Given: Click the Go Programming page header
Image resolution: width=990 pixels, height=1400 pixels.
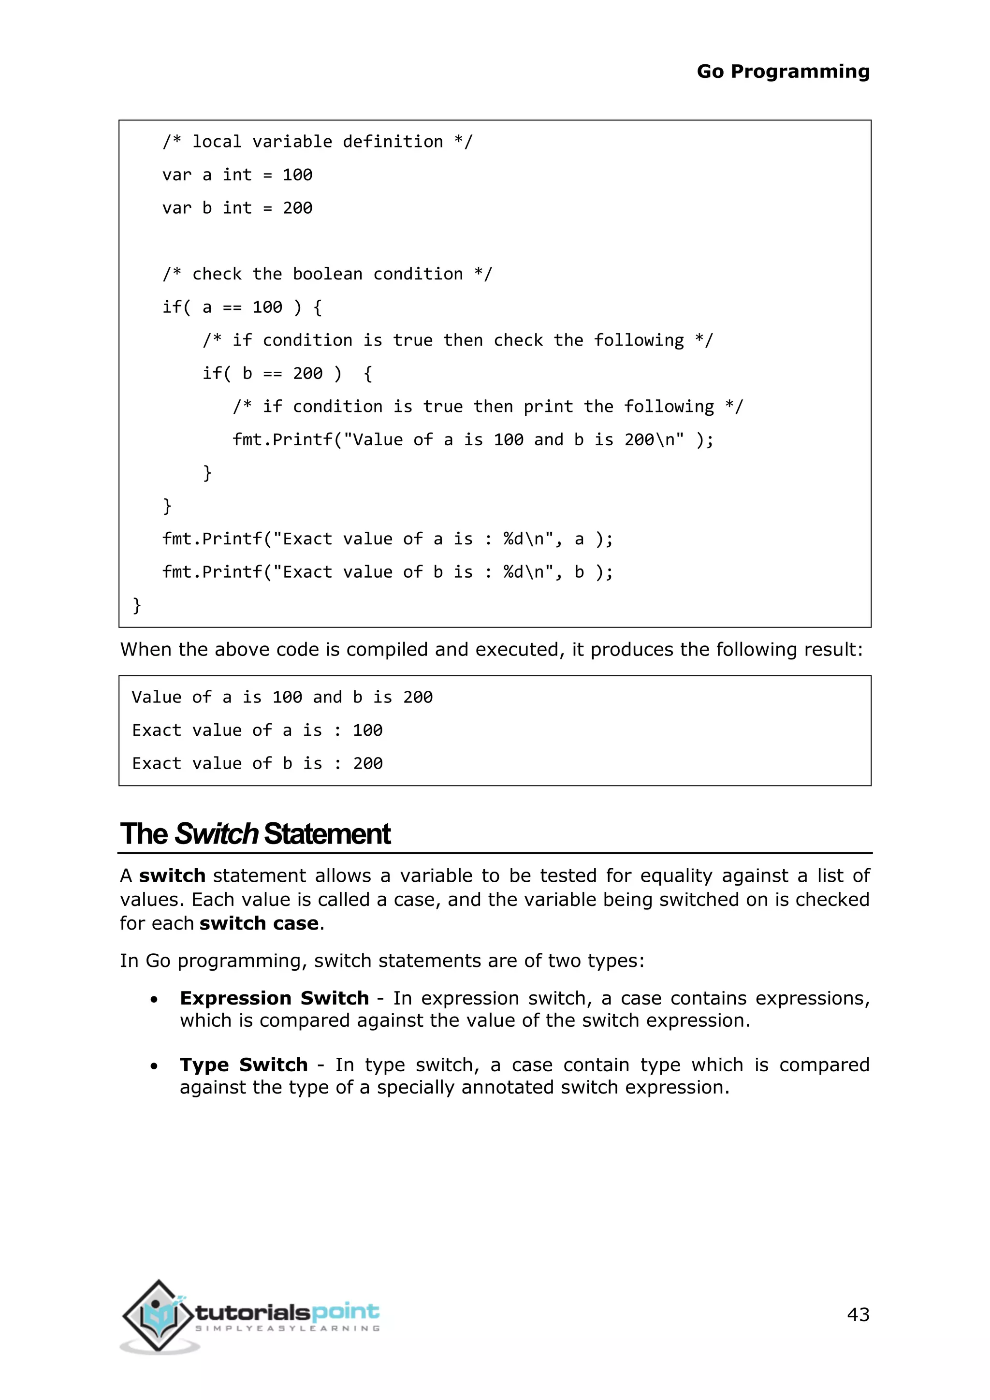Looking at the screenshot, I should pos(783,72).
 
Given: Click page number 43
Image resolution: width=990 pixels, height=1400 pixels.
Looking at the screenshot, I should pos(858,1314).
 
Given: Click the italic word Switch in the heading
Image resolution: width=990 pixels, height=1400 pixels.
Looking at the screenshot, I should pos(217,833).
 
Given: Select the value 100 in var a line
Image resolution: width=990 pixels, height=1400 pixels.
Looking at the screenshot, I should pos(297,175).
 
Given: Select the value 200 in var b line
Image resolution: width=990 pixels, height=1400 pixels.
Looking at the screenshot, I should pos(297,208).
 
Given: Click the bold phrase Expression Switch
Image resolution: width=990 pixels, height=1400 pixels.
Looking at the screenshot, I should pos(274,998).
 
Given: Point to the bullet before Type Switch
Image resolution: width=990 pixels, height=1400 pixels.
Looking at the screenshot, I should pos(154,1066).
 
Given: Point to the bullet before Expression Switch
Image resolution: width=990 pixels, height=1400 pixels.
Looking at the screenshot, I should pos(154,999).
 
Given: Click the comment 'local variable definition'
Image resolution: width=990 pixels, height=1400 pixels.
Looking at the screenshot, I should pos(317,142).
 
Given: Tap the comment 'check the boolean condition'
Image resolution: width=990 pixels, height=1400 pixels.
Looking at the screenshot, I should pos(327,274).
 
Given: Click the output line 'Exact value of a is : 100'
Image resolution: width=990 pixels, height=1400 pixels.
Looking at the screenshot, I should pos(257,730).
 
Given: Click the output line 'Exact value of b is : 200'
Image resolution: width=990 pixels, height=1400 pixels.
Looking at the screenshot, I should pos(257,763).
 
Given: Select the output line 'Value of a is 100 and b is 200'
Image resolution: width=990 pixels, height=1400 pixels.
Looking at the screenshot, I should pos(282,697).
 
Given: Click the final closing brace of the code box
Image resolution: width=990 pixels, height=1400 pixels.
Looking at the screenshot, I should pos(137,605).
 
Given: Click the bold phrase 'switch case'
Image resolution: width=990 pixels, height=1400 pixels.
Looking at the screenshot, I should pos(259,923).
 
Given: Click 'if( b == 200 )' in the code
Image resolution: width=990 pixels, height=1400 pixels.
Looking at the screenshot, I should pos(271,373).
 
